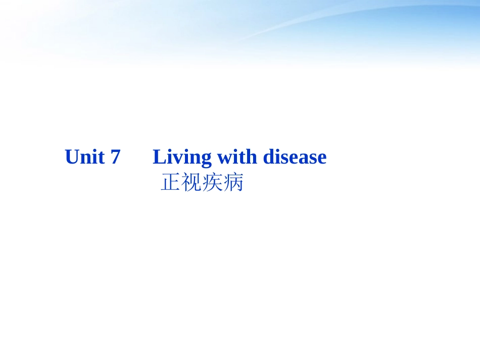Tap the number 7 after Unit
tap(115, 157)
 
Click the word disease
tap(295, 157)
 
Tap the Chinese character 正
tap(170, 183)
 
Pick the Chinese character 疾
tap(212, 183)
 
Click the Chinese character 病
tap(233, 183)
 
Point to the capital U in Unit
tap(72, 157)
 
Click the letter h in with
tap(251, 157)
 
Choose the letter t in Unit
tap(102, 158)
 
